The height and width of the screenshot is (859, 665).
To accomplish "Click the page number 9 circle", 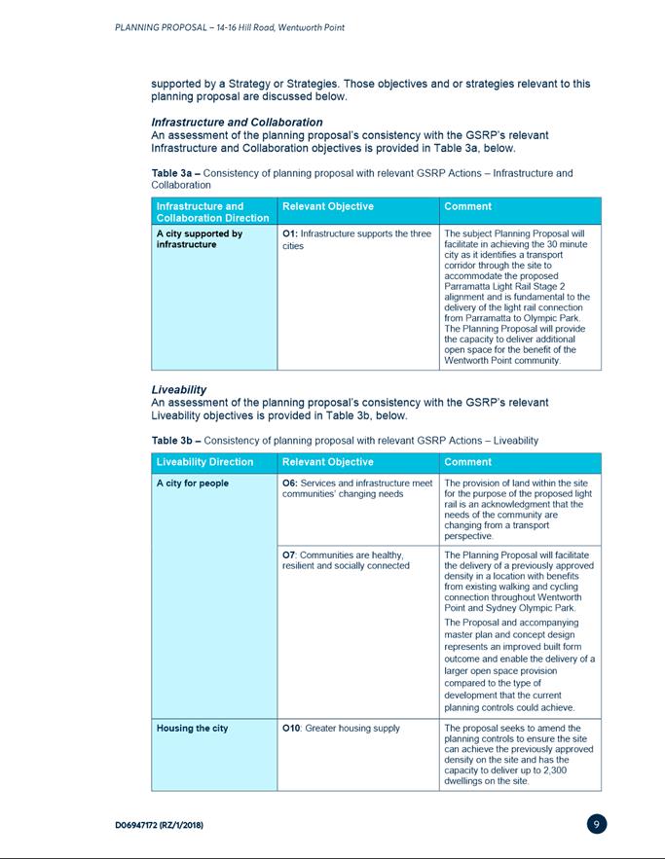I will pos(598,824).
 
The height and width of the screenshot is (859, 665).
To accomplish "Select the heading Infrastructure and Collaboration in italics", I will pos(237,122).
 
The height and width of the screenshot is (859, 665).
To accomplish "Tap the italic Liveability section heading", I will pos(178,389).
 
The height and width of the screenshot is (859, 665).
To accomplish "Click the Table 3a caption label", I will pos(175,173).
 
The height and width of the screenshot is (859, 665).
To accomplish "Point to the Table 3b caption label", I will pos(175,441).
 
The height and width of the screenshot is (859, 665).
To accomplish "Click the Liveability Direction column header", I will pos(204,462).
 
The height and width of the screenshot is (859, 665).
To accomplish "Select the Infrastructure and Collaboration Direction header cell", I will pos(212,212).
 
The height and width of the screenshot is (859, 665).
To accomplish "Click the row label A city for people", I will pos(193,483).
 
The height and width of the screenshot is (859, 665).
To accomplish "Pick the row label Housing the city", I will pos(192,728).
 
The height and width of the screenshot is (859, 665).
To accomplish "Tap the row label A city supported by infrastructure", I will pos(199,239).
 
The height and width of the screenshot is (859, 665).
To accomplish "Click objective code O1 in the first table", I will pos(288,233).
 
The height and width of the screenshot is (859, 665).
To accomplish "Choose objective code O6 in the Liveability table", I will pos(288,483).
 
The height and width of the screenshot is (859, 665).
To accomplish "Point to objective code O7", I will pos(288,555).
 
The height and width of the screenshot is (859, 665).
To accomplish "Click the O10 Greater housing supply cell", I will pos(340,728).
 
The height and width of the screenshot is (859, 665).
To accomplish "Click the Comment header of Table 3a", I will pos(467,206).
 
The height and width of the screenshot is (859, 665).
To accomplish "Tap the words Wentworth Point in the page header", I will pos(310,27).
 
